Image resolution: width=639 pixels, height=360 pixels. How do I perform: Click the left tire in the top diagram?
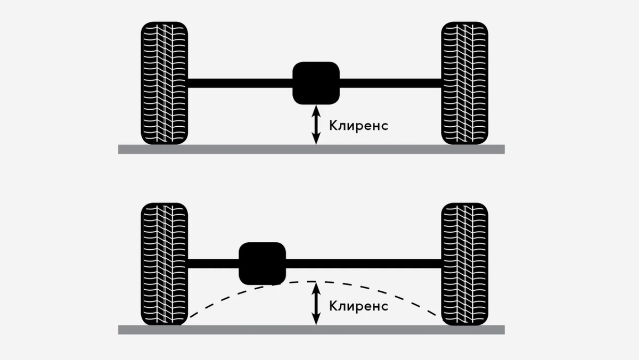pyautogui.click(x=164, y=84)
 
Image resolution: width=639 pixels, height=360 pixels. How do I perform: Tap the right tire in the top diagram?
pyautogui.click(x=464, y=84)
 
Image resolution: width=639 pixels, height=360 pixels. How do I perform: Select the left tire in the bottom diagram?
pyautogui.click(x=164, y=264)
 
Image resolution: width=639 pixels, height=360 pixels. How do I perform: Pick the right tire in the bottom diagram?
pyautogui.click(x=464, y=264)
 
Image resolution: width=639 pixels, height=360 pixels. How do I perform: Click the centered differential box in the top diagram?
pyautogui.click(x=316, y=83)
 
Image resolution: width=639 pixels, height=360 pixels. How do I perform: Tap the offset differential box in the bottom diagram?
pyautogui.click(x=263, y=264)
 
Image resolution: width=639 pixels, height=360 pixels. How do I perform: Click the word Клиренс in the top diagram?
pyautogui.click(x=358, y=126)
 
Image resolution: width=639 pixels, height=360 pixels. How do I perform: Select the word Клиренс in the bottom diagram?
pyautogui.click(x=358, y=306)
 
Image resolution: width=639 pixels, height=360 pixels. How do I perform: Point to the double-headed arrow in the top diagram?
pyautogui.click(x=316, y=125)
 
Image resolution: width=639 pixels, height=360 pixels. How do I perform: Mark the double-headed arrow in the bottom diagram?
pyautogui.click(x=316, y=304)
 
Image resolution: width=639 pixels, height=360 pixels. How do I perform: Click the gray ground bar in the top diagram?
pyautogui.click(x=311, y=149)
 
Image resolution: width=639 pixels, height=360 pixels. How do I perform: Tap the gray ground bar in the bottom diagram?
pyautogui.click(x=311, y=330)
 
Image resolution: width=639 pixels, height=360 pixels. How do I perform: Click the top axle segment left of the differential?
pyautogui.click(x=240, y=83)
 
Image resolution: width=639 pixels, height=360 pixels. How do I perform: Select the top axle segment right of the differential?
pyautogui.click(x=390, y=83)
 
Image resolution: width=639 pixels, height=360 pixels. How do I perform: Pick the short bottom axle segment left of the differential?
pyautogui.click(x=213, y=264)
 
